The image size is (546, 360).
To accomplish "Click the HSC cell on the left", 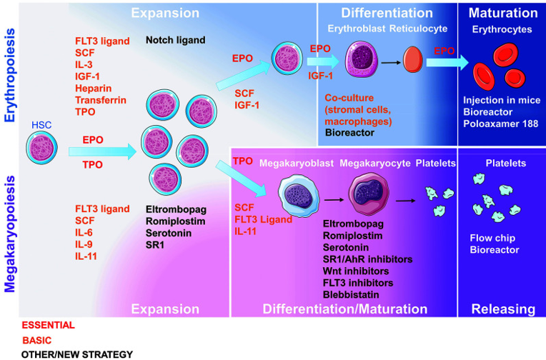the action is (41, 148).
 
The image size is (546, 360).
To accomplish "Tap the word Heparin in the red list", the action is (94, 88).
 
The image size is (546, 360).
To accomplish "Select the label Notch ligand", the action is (176, 41).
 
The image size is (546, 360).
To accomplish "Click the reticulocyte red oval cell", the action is (413, 60).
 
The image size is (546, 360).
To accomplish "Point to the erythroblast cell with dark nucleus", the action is (362, 59).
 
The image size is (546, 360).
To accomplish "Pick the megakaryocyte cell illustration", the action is (369, 194).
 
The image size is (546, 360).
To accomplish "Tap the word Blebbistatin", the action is (351, 294).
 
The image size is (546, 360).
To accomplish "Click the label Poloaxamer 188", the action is (501, 124).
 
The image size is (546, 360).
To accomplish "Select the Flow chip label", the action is (492, 238).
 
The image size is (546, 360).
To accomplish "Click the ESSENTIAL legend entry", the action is (49, 325).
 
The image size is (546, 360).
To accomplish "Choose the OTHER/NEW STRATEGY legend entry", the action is (77, 354).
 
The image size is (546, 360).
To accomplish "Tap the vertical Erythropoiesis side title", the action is (10, 75).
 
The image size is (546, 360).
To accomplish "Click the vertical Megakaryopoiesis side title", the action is (10, 234).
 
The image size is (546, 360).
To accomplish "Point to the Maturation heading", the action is (503, 13).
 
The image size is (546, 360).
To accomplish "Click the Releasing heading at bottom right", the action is (504, 309).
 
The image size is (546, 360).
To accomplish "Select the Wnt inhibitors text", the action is (356, 271).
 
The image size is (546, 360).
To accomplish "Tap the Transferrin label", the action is (101, 100).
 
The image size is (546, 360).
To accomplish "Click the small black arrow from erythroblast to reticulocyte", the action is (391, 63).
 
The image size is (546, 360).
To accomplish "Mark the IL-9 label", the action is (84, 244).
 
